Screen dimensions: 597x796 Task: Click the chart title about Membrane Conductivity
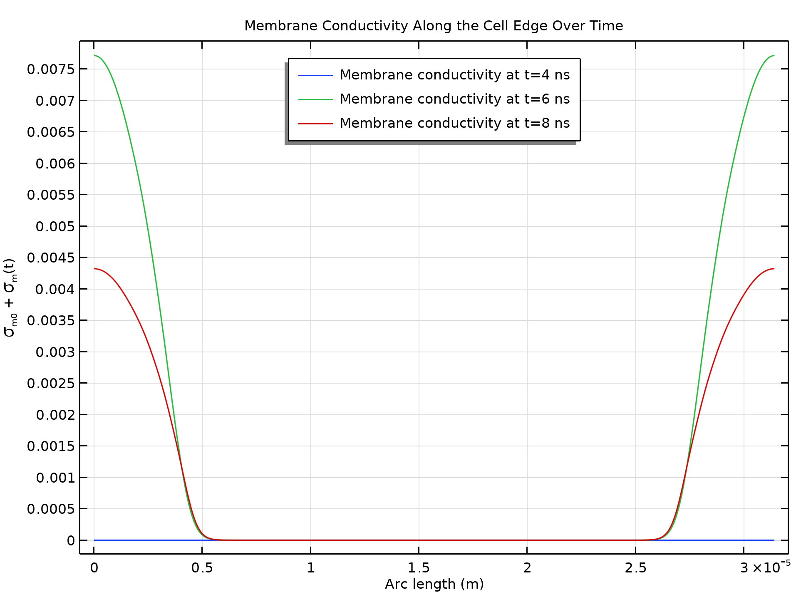(x=434, y=26)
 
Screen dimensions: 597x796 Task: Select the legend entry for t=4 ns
(x=454, y=75)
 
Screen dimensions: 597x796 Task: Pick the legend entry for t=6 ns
(x=454, y=99)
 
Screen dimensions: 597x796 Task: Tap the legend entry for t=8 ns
(x=454, y=123)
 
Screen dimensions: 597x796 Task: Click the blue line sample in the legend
(x=315, y=75)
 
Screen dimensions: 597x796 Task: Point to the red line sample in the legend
(x=315, y=124)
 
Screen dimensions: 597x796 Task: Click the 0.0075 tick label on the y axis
(x=51, y=69)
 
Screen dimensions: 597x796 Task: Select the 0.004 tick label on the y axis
(x=55, y=289)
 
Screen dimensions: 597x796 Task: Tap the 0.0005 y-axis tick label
(x=51, y=509)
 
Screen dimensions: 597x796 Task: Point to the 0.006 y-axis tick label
(x=55, y=163)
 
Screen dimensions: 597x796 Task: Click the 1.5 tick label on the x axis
(x=419, y=568)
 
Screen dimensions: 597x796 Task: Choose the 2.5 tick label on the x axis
(x=635, y=568)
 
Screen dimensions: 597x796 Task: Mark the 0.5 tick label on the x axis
(x=202, y=568)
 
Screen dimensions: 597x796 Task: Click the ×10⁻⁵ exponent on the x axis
(x=772, y=567)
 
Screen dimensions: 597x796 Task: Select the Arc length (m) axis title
(x=434, y=584)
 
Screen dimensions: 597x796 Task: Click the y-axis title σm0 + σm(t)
(x=10, y=297)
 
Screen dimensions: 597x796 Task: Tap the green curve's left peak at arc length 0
(x=95, y=55)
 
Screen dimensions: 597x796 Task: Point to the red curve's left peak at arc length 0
(x=95, y=269)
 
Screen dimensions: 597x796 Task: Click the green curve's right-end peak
(x=773, y=55)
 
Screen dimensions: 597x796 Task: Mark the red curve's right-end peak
(x=773, y=269)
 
